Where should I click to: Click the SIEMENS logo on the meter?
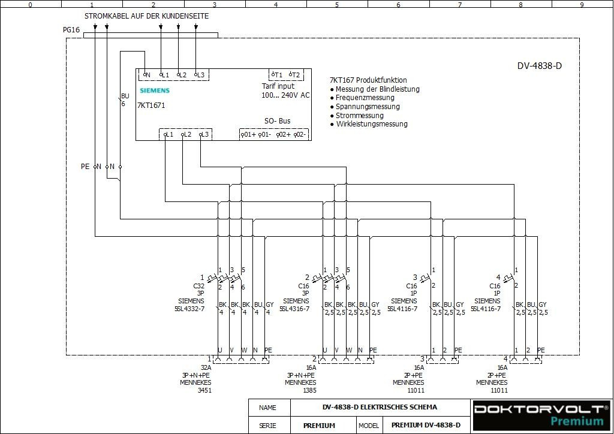[x=155, y=91]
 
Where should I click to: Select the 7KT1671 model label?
[x=151, y=106]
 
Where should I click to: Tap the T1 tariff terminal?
[x=277, y=75]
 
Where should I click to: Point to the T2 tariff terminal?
[x=294, y=75]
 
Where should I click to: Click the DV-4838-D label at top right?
[x=540, y=66]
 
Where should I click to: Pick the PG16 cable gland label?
[x=71, y=30]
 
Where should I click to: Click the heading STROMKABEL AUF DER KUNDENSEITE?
[x=146, y=16]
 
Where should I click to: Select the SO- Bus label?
[x=278, y=121]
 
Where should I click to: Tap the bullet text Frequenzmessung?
[x=365, y=98]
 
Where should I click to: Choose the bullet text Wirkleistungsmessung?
[x=371, y=125]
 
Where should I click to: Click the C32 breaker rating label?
[x=198, y=287]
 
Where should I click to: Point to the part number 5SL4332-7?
[x=189, y=309]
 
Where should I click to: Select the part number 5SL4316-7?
[x=294, y=309]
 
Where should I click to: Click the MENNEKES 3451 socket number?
[x=204, y=390]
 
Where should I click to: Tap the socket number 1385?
[x=309, y=390]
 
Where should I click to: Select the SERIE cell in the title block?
[x=267, y=426]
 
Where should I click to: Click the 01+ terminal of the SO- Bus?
[x=248, y=135]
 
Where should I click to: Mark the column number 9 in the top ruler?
[x=582, y=4]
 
